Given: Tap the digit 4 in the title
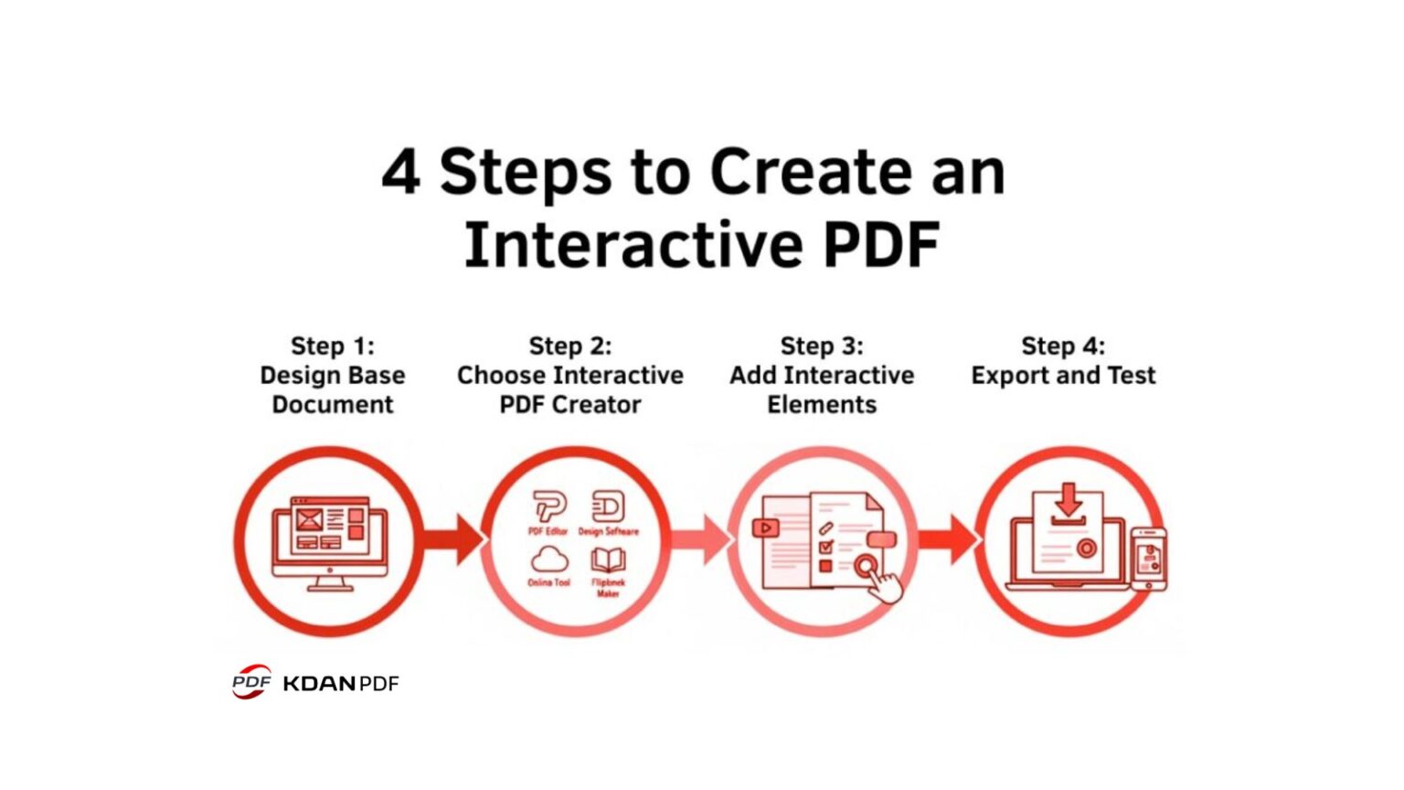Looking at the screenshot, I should pyautogui.click(x=400, y=172).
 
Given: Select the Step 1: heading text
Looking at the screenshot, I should pyautogui.click(x=333, y=347).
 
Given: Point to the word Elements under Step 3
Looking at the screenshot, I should pyautogui.click(x=822, y=404).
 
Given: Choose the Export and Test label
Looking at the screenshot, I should pyautogui.click(x=1063, y=375).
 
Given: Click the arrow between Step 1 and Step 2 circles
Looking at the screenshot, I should pyautogui.click(x=453, y=539).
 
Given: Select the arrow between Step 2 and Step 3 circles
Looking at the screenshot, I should pyautogui.click(x=701, y=539).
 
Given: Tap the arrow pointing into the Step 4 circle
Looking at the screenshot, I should pyautogui.click(x=948, y=539).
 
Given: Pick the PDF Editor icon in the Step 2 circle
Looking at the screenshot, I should pyautogui.click(x=549, y=507).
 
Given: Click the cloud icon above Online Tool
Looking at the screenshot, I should pyautogui.click(x=549, y=559).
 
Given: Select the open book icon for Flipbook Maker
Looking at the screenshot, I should pyautogui.click(x=608, y=560).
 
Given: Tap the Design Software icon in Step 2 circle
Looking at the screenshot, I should pyautogui.click(x=608, y=507).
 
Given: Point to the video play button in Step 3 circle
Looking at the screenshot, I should pyautogui.click(x=765, y=528).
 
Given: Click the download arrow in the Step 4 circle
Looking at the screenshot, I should pyautogui.click(x=1068, y=502).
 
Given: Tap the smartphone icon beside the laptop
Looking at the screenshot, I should pyautogui.click(x=1149, y=559).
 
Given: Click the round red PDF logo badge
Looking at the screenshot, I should pyautogui.click(x=251, y=682).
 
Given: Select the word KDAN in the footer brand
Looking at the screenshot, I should pyautogui.click(x=319, y=683).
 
